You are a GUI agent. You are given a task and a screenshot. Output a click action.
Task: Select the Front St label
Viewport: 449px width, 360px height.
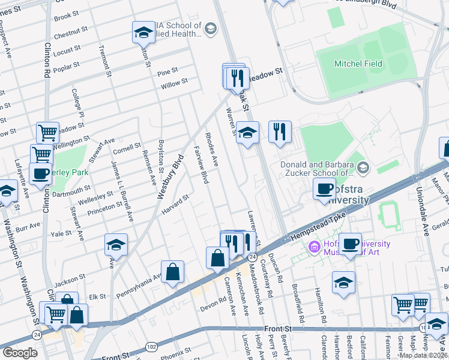point(278,329)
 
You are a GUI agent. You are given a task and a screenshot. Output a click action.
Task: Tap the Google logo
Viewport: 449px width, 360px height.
point(20,353)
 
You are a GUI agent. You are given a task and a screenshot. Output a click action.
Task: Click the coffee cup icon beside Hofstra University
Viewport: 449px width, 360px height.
point(324,190)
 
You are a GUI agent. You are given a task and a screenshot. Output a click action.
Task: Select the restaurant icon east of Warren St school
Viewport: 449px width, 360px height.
point(280,132)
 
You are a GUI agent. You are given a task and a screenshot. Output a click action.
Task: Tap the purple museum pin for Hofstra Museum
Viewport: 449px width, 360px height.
point(313,247)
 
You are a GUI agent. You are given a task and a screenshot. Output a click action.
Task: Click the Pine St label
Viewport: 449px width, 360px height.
point(164,73)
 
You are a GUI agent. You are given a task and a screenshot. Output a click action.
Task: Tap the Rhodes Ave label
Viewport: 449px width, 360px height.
point(211,149)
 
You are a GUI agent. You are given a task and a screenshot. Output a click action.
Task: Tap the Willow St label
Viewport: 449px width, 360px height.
point(174,83)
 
